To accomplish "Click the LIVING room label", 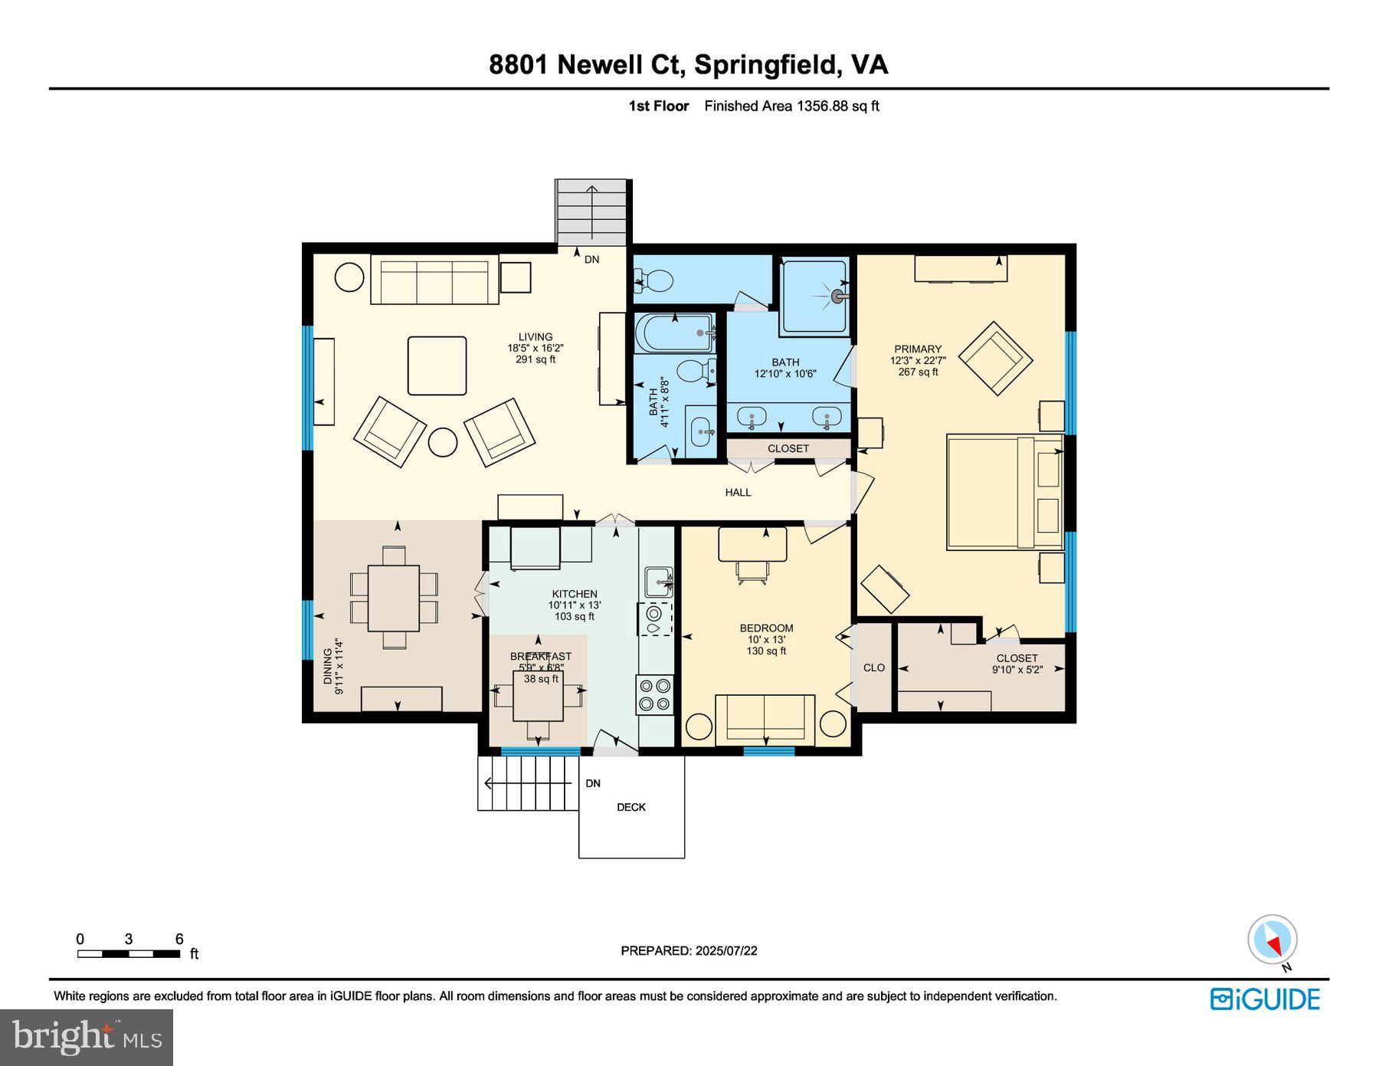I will (535, 337).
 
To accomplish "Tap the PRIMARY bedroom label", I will (917, 349).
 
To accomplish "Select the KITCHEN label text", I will (575, 594).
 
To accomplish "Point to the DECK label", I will (631, 807).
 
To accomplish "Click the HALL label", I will (738, 493).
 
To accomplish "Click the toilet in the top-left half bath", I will (653, 281).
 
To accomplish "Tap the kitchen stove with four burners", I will (655, 694).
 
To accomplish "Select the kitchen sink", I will (658, 582).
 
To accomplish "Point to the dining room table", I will (393, 598).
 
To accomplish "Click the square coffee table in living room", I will (437, 366).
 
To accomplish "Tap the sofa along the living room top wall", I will (434, 280).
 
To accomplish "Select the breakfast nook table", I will (538, 696).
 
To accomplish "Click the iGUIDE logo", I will (1265, 999).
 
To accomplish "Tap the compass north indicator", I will (1273, 940).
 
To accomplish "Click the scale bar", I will (129, 954).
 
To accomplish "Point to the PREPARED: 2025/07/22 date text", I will (689, 950).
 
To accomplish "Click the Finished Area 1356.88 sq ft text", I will (791, 107).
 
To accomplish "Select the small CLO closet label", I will (873, 667).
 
